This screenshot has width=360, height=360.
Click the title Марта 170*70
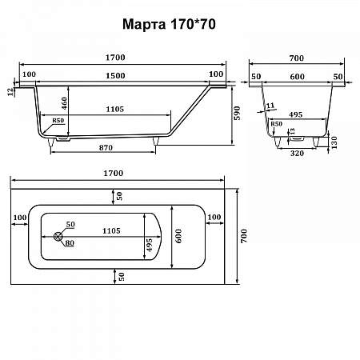(x=169, y=24)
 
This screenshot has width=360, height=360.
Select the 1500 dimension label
(x=115, y=76)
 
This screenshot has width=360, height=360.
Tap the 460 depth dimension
(x=64, y=103)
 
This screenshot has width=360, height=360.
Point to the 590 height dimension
(x=237, y=113)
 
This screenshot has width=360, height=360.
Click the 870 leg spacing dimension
(x=106, y=147)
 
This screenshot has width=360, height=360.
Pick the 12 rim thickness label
(x=10, y=92)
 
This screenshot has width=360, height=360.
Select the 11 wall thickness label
(x=270, y=106)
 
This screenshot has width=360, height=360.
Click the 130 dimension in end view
(x=334, y=142)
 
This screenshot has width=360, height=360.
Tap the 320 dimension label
(x=297, y=154)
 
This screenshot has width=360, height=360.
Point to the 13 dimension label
(x=293, y=131)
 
